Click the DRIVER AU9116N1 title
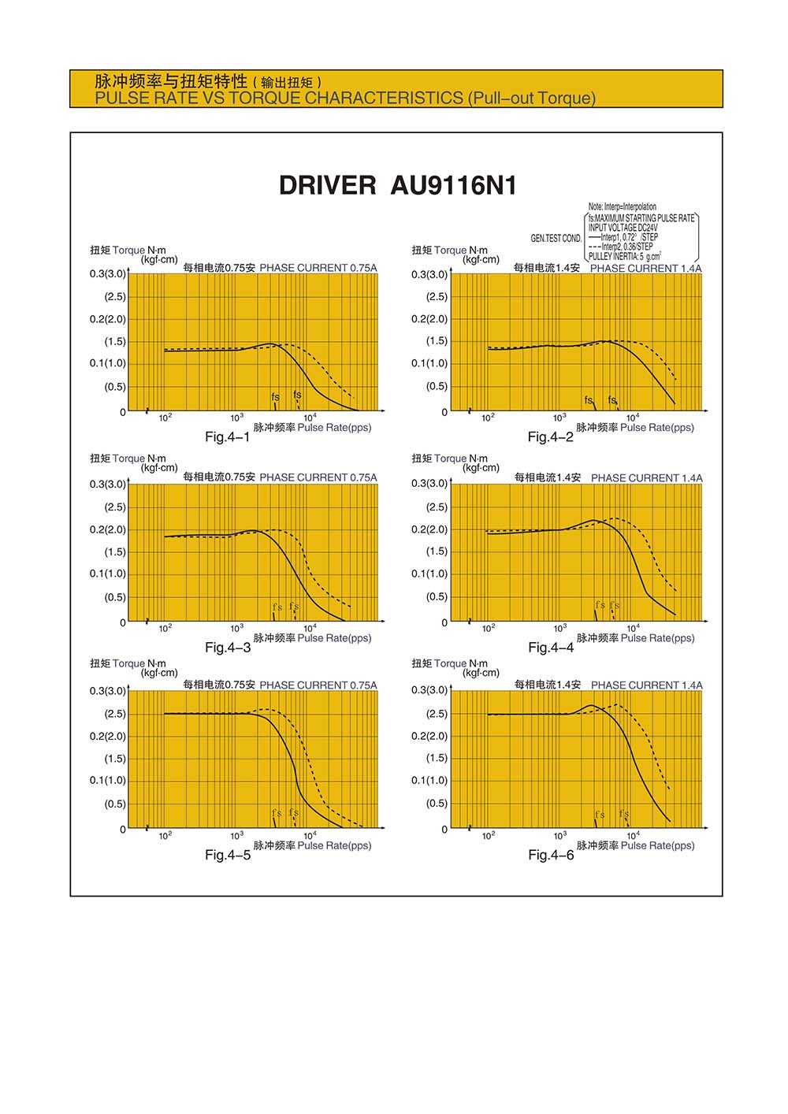pyautogui.click(x=398, y=186)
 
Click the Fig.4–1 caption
pyautogui.click(x=227, y=437)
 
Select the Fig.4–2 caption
pyautogui.click(x=551, y=437)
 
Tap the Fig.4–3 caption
pyautogui.click(x=228, y=648)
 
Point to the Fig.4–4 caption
pyautogui.click(x=551, y=648)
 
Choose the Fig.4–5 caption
pyautogui.click(x=228, y=856)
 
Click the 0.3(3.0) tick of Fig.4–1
pyautogui.click(x=107, y=274)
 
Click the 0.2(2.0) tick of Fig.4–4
pyautogui.click(x=429, y=529)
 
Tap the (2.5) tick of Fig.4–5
pyautogui.click(x=115, y=714)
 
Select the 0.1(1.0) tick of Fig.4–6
pyautogui.click(x=429, y=781)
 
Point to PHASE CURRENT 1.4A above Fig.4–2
pyautogui.click(x=645, y=269)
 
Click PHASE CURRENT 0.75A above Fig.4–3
pyautogui.click(x=318, y=477)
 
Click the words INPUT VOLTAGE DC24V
pyautogui.click(x=623, y=228)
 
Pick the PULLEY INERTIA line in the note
pyautogui.click(x=625, y=256)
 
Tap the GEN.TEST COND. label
pyautogui.click(x=556, y=238)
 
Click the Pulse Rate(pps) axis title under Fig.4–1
pyautogui.click(x=334, y=428)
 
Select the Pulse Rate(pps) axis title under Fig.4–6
pyautogui.click(x=657, y=845)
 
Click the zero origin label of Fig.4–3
pyautogui.click(x=123, y=622)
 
